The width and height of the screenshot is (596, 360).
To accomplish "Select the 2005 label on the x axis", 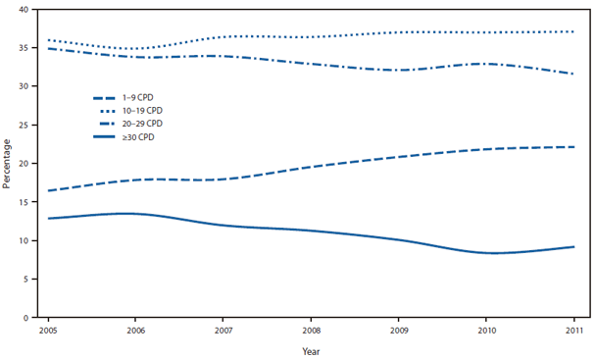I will point(47,331).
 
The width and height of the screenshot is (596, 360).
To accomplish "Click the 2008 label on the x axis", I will point(311,331).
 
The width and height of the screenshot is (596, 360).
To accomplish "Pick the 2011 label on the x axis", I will point(574,331).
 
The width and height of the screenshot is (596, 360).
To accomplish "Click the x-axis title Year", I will point(311,351).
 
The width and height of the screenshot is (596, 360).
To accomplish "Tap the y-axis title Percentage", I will point(9,163).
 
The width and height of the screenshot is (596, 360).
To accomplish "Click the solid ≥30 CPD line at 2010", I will point(486,253).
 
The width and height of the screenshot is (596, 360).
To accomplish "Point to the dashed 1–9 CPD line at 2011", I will point(573,147).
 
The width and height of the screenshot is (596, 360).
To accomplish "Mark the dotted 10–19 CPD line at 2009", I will point(398,32).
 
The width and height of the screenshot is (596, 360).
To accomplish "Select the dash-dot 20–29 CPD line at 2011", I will point(573,74).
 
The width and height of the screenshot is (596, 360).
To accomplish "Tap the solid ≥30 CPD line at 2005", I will point(47,218).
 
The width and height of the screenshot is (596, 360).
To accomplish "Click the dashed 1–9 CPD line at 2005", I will point(47,190).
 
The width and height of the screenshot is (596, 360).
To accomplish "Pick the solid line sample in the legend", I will point(104,137).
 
